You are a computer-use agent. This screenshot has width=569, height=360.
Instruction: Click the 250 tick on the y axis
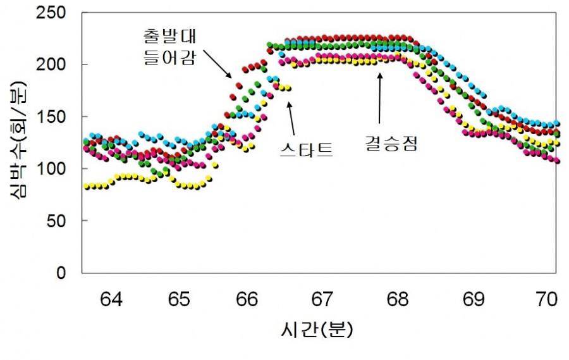(56, 13)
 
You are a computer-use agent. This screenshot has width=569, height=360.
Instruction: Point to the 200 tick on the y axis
(56, 65)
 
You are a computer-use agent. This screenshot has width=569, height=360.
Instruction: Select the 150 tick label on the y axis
(56, 117)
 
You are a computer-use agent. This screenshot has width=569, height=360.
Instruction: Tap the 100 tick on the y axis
(56, 169)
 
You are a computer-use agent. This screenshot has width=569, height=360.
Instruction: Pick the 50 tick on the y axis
(61, 221)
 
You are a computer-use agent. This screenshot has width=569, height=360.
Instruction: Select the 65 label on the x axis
(180, 299)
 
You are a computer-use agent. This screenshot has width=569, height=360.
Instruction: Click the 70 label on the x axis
(541, 299)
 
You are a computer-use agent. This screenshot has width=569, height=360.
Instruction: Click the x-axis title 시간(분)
(316, 330)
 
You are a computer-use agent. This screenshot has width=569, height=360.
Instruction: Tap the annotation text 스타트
(306, 151)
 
